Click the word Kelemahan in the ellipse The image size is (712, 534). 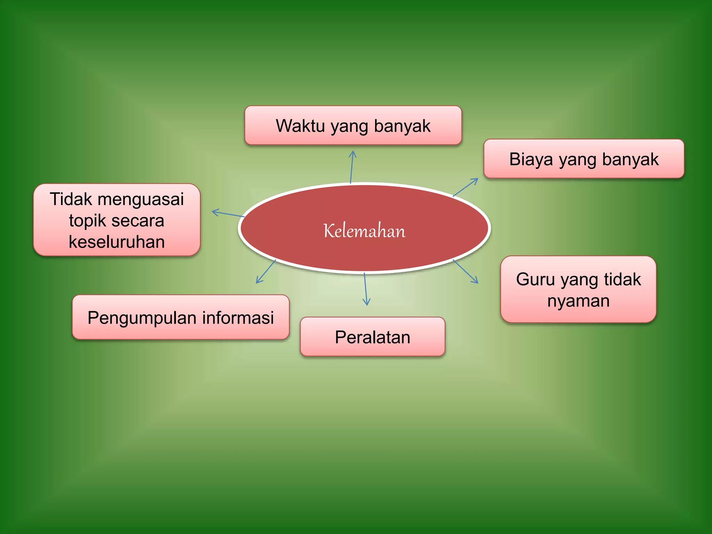click(364, 230)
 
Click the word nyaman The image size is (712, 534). click(578, 301)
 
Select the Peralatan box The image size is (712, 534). click(372, 337)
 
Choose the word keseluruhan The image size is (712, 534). click(117, 242)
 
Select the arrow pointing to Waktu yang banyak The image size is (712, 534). click(352, 167)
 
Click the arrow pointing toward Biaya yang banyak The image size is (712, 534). click(466, 187)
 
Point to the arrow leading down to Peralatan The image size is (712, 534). click(365, 289)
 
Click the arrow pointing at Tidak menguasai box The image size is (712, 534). click(228, 214)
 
